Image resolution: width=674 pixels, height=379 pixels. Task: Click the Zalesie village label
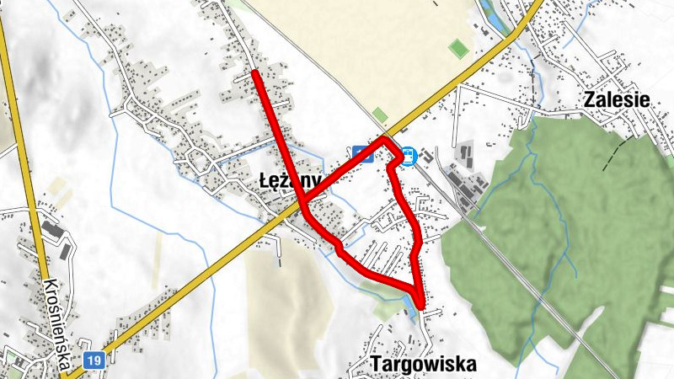point(617,99)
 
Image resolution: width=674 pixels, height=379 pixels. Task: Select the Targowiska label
point(423,365)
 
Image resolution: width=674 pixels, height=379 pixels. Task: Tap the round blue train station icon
point(409,156)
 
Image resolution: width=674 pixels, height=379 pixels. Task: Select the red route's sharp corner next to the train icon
point(385,138)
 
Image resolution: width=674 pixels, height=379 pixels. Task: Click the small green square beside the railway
point(380,115)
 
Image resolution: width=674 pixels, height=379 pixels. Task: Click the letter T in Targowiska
point(375,365)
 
